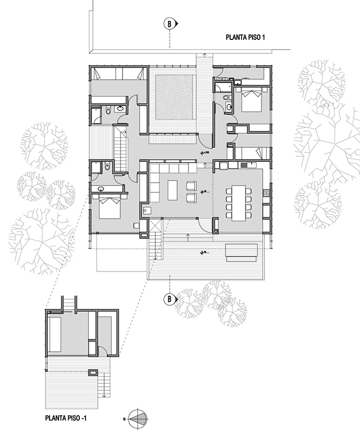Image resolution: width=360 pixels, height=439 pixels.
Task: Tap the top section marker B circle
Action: (x=168, y=24)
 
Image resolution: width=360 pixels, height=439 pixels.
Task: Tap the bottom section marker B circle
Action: (x=168, y=299)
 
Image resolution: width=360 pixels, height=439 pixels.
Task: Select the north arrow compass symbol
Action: (x=138, y=418)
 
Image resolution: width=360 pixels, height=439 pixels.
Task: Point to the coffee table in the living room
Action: (x=172, y=190)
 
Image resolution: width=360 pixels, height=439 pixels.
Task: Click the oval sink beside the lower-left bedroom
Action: (x=101, y=189)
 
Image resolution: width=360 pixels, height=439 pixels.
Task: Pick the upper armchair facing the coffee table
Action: (x=191, y=184)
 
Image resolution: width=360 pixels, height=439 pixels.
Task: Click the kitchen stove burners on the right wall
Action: (x=266, y=193)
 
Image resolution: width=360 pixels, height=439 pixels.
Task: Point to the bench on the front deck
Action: (x=242, y=251)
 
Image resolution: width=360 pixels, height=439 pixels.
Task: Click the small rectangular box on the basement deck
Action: (x=93, y=371)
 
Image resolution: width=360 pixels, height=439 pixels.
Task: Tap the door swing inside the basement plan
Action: (x=96, y=349)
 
